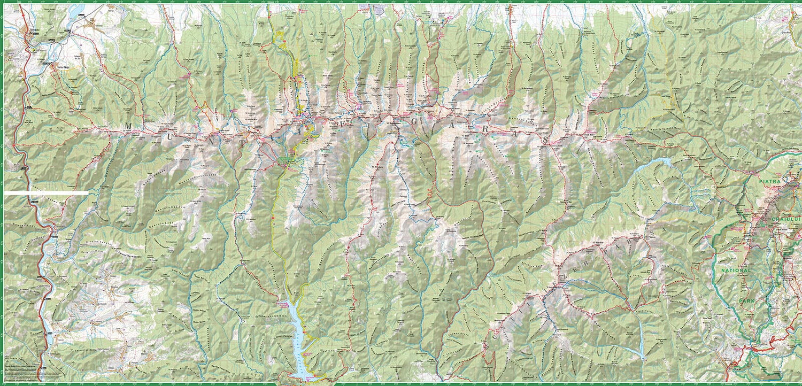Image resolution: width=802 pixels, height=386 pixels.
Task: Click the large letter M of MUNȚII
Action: (x=128, y=126)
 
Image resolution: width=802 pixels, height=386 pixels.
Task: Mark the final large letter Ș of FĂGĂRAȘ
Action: (x=545, y=140)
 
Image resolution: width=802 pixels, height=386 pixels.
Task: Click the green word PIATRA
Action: (x=770, y=182)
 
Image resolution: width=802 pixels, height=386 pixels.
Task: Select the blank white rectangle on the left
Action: (x=47, y=192)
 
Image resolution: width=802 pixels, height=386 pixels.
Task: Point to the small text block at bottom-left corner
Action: (x=21, y=369)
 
